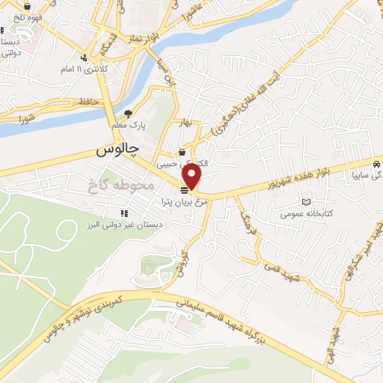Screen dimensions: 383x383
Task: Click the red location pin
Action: click(192, 177)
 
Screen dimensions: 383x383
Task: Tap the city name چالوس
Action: click(118, 150)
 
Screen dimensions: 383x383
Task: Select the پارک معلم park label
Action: click(129, 126)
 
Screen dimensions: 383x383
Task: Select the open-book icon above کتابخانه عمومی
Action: click(304, 202)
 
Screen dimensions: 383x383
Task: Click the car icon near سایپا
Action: click(376, 163)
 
